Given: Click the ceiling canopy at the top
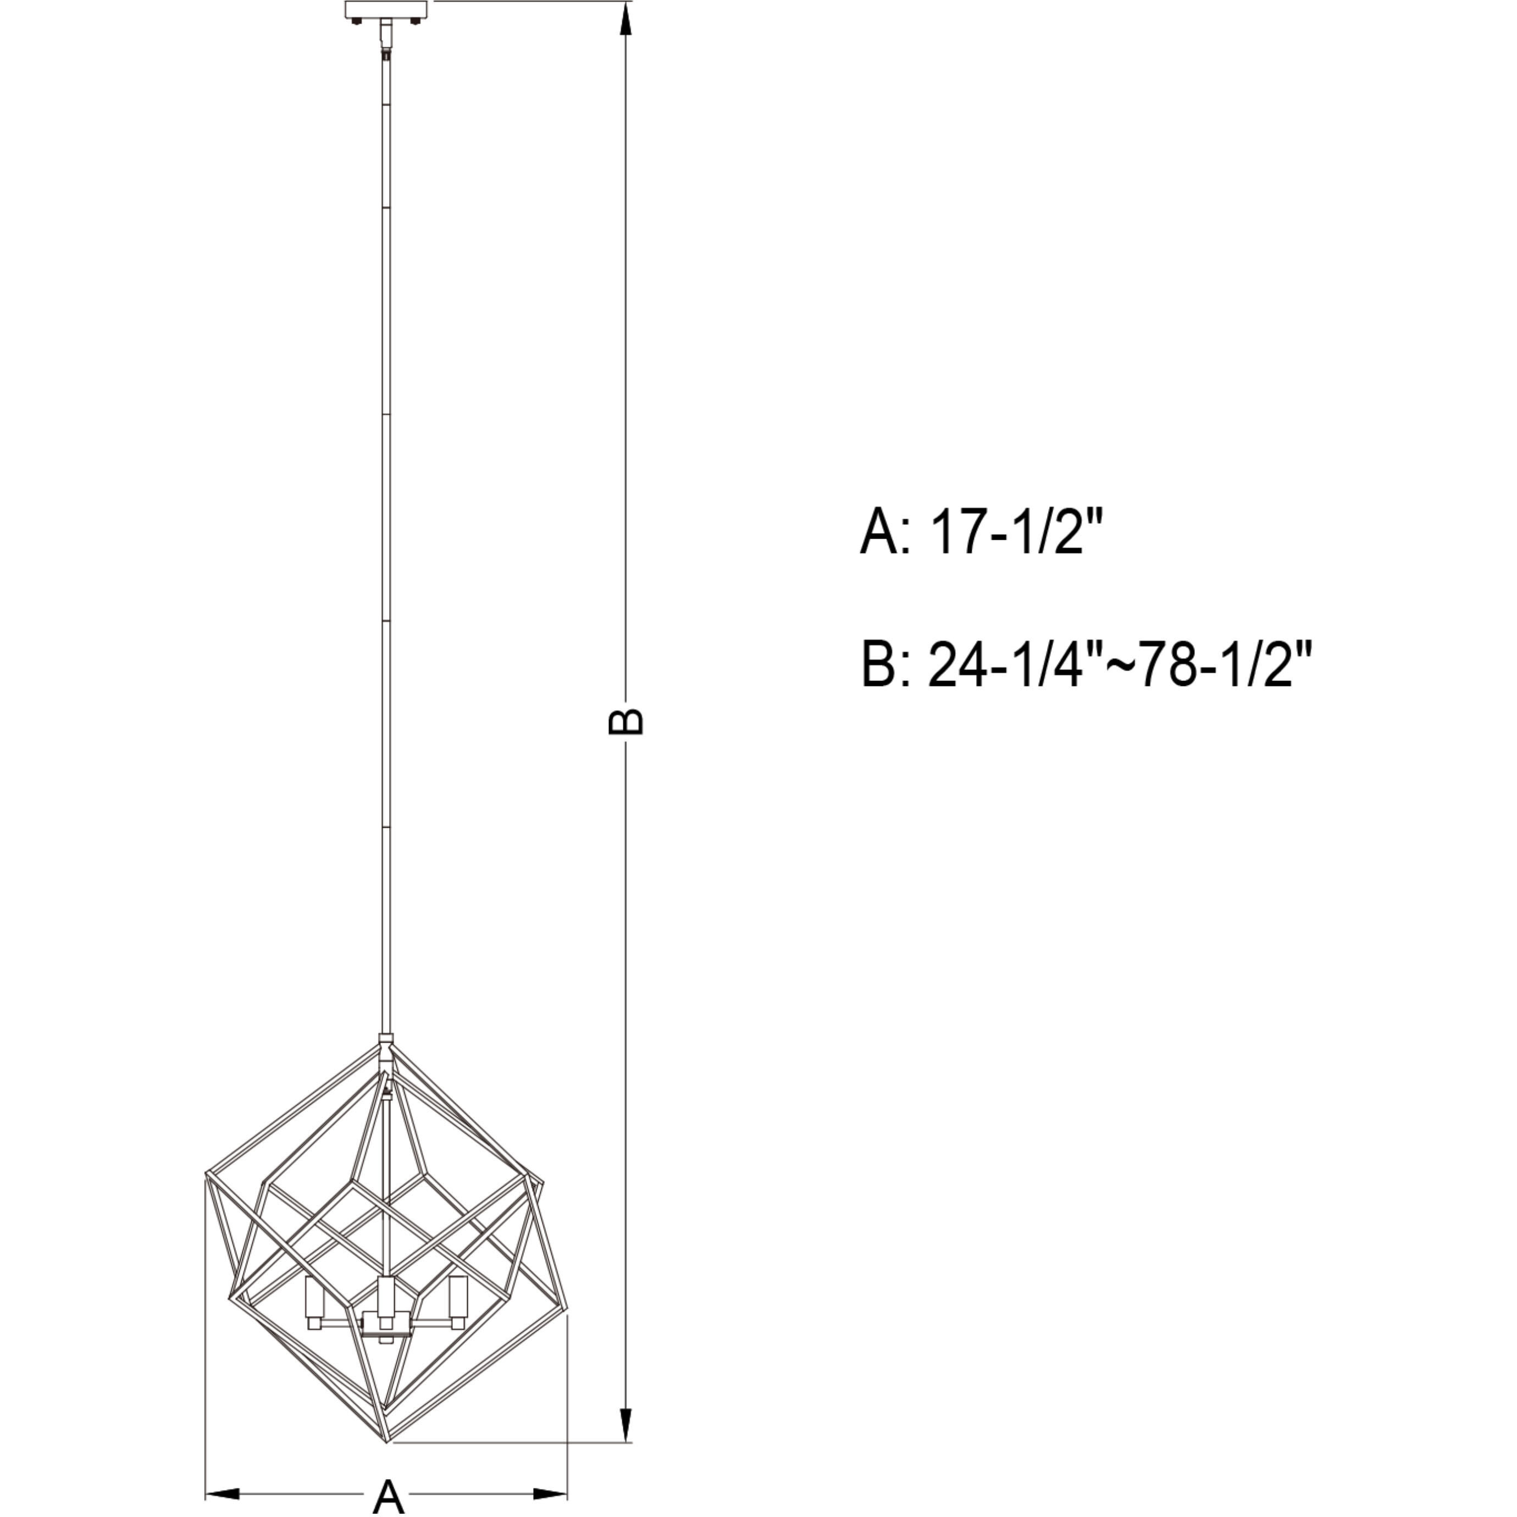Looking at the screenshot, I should [386, 11].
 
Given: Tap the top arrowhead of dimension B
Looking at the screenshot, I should [626, 20].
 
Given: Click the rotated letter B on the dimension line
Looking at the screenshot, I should [627, 722].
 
